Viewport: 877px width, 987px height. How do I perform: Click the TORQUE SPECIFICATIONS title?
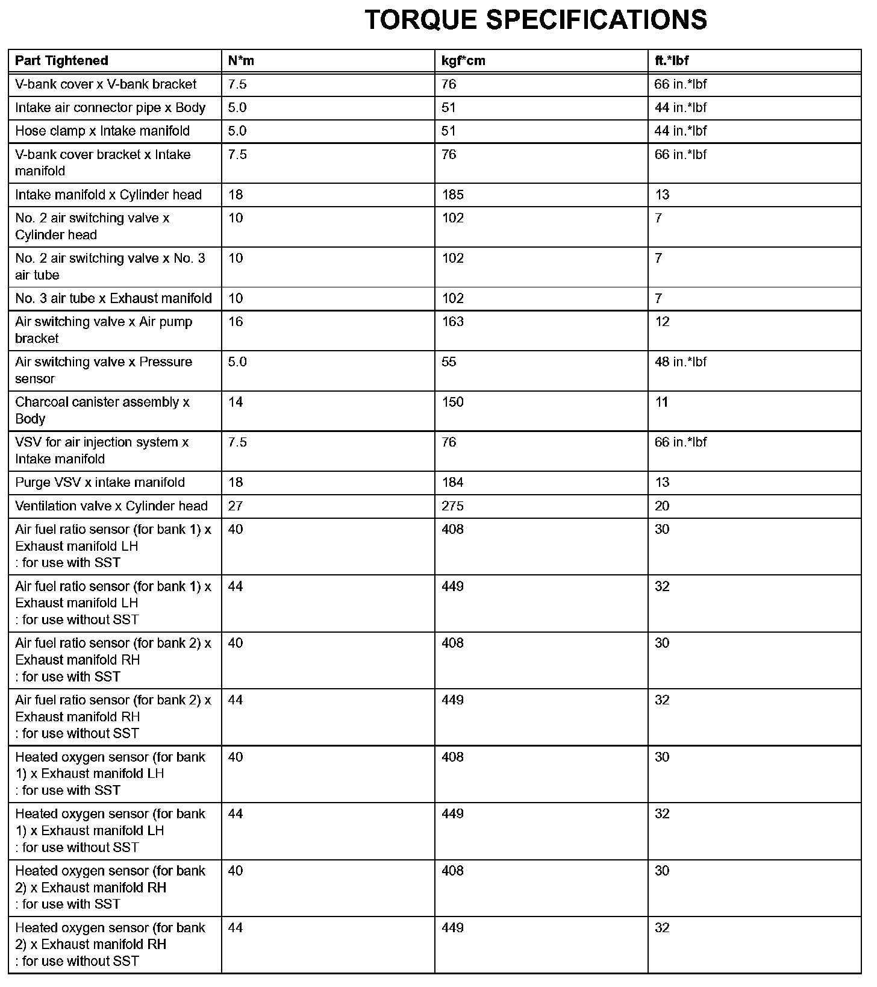pyautogui.click(x=535, y=20)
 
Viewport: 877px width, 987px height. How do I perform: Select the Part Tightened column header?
pyautogui.click(x=61, y=61)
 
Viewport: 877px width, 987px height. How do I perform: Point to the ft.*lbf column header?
pyautogui.click(x=672, y=61)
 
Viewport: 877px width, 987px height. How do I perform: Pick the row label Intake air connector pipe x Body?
pyautogui.click(x=110, y=108)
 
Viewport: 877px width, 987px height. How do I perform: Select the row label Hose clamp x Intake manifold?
pyautogui.click(x=102, y=131)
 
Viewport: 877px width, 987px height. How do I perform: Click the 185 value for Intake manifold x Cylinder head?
pyautogui.click(x=452, y=195)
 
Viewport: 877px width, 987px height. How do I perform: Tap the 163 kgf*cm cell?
pyautogui.click(x=452, y=322)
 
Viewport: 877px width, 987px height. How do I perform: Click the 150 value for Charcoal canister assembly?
pyautogui.click(x=452, y=403)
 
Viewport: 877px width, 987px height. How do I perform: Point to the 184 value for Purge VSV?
pyautogui.click(x=452, y=483)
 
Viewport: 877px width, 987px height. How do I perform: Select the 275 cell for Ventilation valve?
pyautogui.click(x=452, y=506)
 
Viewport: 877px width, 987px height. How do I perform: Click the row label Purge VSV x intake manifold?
pyautogui.click(x=100, y=483)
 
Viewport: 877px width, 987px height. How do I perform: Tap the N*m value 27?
pyautogui.click(x=236, y=506)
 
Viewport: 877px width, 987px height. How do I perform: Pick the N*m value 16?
pyautogui.click(x=236, y=322)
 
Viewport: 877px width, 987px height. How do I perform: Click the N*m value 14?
pyautogui.click(x=236, y=403)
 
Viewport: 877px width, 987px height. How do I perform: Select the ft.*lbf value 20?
pyautogui.click(x=662, y=506)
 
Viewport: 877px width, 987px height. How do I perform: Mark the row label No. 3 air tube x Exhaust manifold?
pyautogui.click(x=113, y=299)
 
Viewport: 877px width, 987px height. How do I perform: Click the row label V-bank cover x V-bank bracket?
pyautogui.click(x=106, y=84)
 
